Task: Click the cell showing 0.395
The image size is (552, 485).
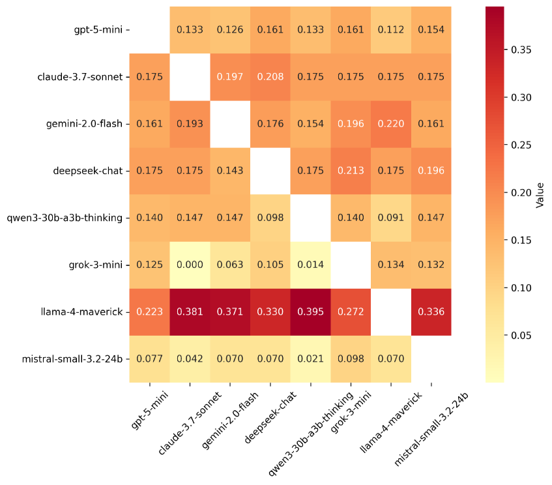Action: pyautogui.click(x=310, y=312)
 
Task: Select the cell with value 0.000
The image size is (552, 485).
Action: pyautogui.click(x=190, y=265)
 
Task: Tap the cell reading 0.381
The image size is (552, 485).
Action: pyautogui.click(x=190, y=312)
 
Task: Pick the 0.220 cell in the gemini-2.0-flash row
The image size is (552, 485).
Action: pyautogui.click(x=391, y=124)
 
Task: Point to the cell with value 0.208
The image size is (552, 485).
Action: pyautogui.click(x=270, y=77)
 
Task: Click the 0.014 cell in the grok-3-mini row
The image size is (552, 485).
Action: pyautogui.click(x=310, y=265)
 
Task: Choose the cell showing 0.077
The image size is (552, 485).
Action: pyautogui.click(x=149, y=359)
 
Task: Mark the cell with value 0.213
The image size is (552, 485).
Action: pyautogui.click(x=351, y=171)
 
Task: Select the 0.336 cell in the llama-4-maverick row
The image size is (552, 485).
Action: pyautogui.click(x=431, y=312)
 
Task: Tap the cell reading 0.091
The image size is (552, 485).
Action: pyautogui.click(x=391, y=218)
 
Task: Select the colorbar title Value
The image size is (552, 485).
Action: pyautogui.click(x=540, y=194)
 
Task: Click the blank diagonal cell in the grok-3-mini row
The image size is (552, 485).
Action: pyautogui.click(x=351, y=265)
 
